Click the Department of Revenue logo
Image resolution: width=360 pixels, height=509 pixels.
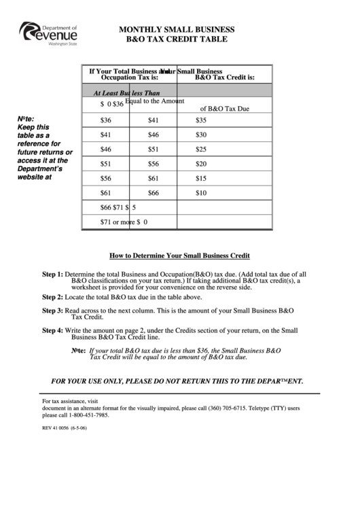click(50, 33)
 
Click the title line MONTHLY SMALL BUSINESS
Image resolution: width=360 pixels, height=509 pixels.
click(177, 30)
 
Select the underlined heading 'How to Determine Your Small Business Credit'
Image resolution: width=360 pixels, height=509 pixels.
click(180, 256)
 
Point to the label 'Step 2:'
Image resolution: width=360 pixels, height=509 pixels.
click(52, 297)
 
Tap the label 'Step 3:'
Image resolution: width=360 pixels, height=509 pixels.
click(52, 310)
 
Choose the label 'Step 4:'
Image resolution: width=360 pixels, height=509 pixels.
click(52, 330)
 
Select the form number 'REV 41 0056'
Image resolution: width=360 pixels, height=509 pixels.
click(59, 428)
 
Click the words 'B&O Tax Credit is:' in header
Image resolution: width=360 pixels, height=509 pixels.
click(224, 77)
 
